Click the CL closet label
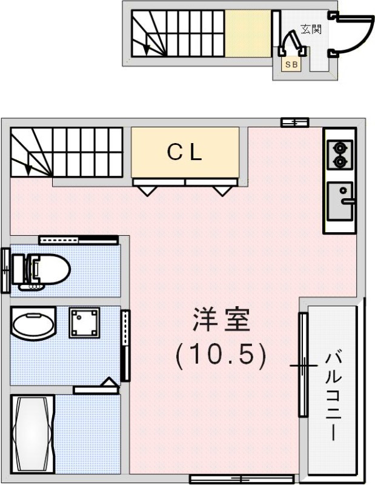[x=184, y=153]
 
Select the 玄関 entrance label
[x=310, y=29]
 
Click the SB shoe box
[x=291, y=64]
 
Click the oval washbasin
[x=33, y=326]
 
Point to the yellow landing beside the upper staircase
[x=248, y=34]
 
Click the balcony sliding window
[x=302, y=364]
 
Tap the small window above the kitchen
[x=295, y=122]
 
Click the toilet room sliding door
[x=78, y=239]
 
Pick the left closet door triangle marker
[x=147, y=190]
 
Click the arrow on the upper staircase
[x=145, y=44]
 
